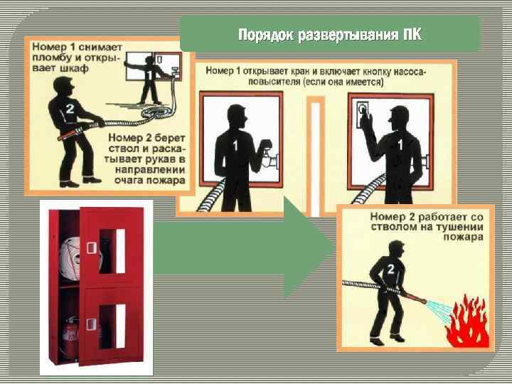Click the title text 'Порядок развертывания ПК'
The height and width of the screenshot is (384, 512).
click(x=330, y=35)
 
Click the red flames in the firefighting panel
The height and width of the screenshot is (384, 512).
click(x=468, y=321)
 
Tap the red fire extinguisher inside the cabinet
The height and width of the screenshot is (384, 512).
click(x=71, y=337)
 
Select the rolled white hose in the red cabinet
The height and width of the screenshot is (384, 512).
click(x=70, y=259)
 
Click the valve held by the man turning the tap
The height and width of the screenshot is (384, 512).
click(x=268, y=159)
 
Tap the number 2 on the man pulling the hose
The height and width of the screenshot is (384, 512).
click(x=70, y=108)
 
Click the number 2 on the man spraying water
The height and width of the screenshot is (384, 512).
click(x=390, y=270)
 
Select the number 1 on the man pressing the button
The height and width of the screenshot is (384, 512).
click(x=400, y=144)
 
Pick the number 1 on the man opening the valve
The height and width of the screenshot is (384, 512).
click(x=235, y=146)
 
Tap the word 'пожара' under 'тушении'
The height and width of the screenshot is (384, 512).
click(x=463, y=236)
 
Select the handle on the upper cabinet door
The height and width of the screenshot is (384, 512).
click(x=92, y=248)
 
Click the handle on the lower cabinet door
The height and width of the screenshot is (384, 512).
click(x=92, y=325)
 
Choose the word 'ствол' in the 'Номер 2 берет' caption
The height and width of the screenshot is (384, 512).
click(x=123, y=149)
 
